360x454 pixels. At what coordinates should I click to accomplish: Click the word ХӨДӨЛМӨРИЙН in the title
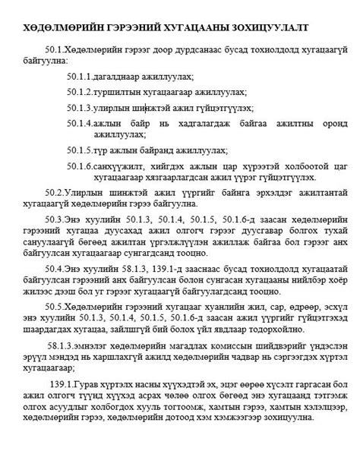56,27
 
